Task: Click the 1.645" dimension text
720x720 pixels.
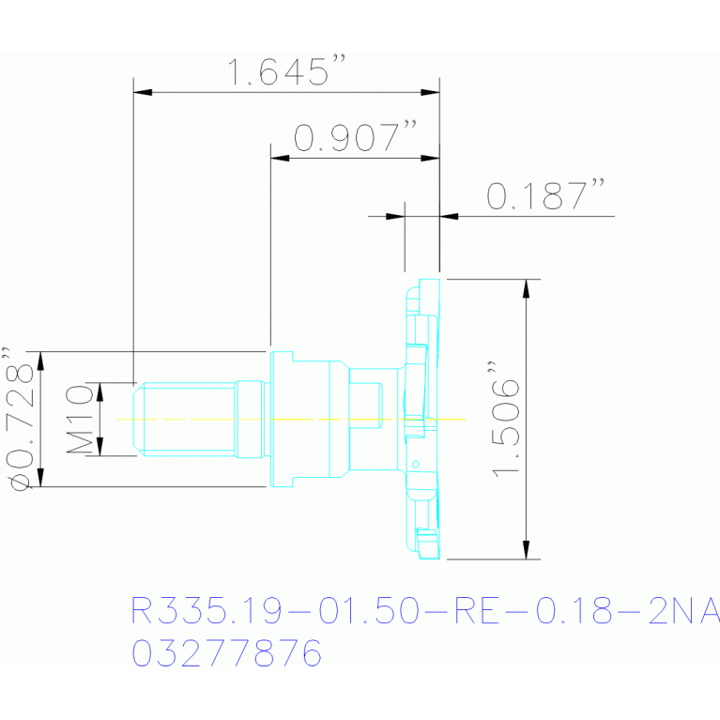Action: tap(285, 71)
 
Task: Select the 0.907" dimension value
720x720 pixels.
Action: tap(356, 136)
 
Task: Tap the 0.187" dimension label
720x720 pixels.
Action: tap(545, 194)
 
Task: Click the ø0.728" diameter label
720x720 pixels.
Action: tap(20, 419)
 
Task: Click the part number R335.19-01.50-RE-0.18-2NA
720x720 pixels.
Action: tap(425, 611)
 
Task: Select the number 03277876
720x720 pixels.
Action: tap(226, 652)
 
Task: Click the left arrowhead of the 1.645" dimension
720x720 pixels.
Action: tap(143, 92)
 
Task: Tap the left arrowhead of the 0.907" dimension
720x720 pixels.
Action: tap(280, 158)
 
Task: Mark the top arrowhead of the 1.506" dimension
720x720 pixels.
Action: tap(527, 288)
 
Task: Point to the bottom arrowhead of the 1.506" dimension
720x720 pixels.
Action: tap(527, 550)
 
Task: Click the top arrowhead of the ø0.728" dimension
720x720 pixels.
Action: tap(40, 360)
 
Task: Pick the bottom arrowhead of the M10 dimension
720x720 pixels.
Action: tap(100, 446)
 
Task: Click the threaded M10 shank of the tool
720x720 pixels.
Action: tap(190, 420)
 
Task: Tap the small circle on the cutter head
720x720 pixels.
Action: tap(416, 465)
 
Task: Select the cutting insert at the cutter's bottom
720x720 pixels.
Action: tap(427, 544)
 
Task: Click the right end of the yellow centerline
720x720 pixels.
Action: tap(466, 420)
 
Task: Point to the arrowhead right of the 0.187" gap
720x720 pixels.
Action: tap(449, 216)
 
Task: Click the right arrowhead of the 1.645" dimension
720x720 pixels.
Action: tap(430, 92)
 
